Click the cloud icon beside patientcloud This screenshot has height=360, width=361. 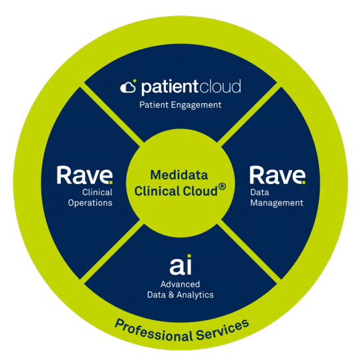[128, 86]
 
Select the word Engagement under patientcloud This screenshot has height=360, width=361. [196, 106]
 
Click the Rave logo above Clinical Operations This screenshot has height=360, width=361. [85, 175]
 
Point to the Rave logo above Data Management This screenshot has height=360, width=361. [277, 175]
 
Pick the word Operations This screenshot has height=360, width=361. [90, 203]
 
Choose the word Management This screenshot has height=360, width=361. [277, 203]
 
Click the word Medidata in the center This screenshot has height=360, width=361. [179, 175]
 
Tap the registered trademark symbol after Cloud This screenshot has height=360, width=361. [222, 187]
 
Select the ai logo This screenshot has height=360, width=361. [180, 265]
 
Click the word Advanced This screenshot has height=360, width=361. [180, 284]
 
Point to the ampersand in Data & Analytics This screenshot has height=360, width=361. [171, 295]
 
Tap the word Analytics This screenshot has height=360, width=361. [195, 295]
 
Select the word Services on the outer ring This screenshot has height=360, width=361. [223, 330]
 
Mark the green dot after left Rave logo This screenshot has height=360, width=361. [111, 183]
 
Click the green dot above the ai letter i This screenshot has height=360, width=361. [189, 256]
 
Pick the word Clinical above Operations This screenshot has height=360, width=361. [98, 193]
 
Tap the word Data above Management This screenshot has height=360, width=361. [259, 193]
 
